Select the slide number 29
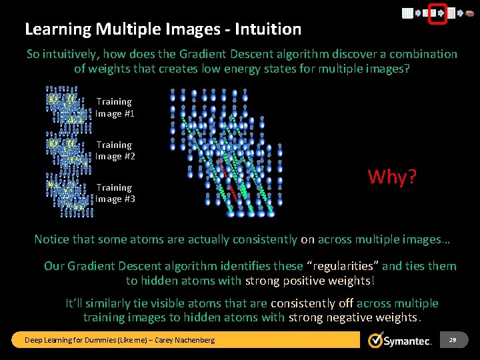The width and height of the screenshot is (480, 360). click(x=453, y=340)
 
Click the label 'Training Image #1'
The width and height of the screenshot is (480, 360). click(x=114, y=107)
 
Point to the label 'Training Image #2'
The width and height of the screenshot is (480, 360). click(x=114, y=151)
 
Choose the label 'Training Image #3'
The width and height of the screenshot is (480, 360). click(x=114, y=193)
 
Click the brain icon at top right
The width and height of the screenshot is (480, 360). click(x=469, y=13)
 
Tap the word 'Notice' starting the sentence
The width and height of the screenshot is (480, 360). click(x=51, y=239)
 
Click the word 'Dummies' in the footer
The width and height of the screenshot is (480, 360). click(x=93, y=340)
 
